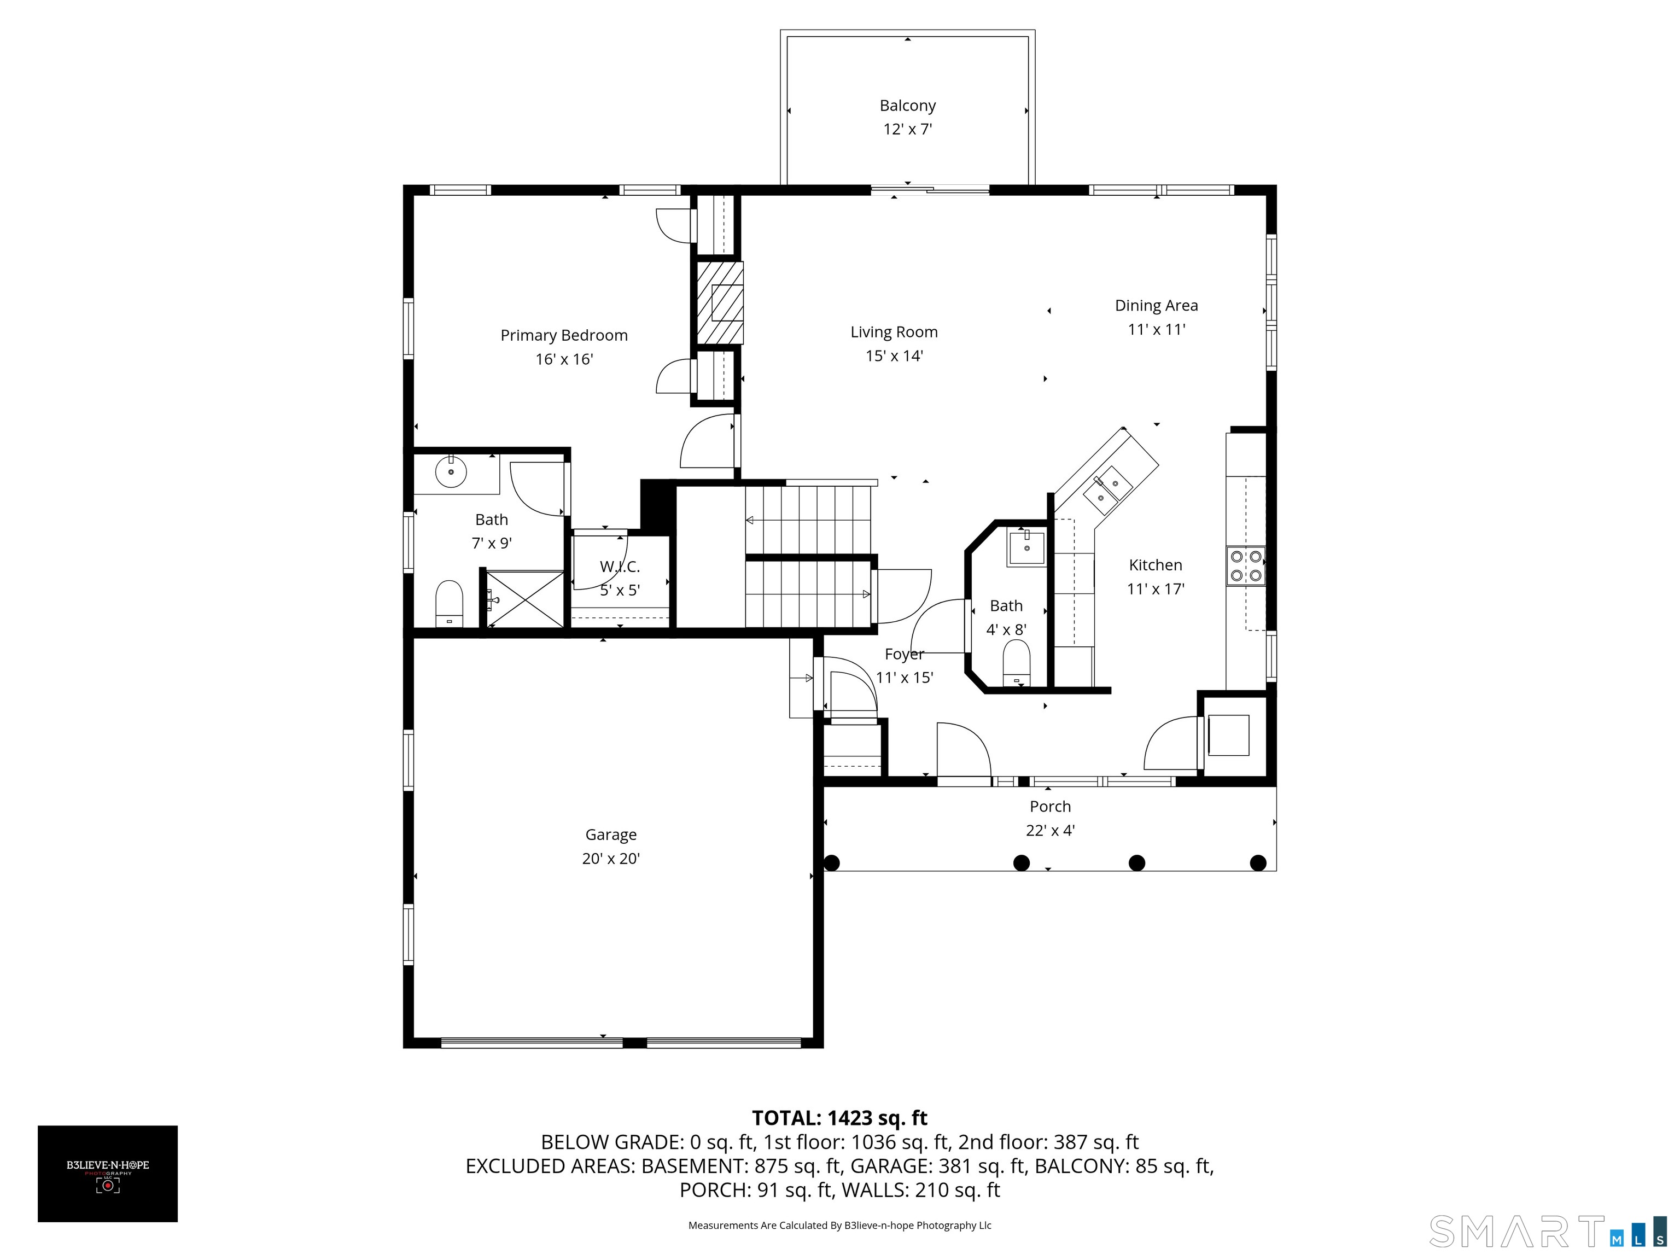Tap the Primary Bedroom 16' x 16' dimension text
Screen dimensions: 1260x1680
563,359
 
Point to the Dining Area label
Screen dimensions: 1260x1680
1156,305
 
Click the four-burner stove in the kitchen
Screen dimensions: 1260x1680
1246,566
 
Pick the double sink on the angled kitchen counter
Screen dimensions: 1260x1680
1107,490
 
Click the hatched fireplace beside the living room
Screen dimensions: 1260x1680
717,303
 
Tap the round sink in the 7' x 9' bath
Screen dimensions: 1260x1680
451,471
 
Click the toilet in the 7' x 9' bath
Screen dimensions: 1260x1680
449,603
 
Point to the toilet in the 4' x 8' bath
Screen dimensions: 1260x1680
1016,662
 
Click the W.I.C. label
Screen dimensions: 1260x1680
620,567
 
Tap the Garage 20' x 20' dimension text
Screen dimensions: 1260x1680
611,858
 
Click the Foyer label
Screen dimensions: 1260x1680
904,654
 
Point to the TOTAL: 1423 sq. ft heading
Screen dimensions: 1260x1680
839,1118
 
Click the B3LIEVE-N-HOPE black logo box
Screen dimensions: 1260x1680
108,1174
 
